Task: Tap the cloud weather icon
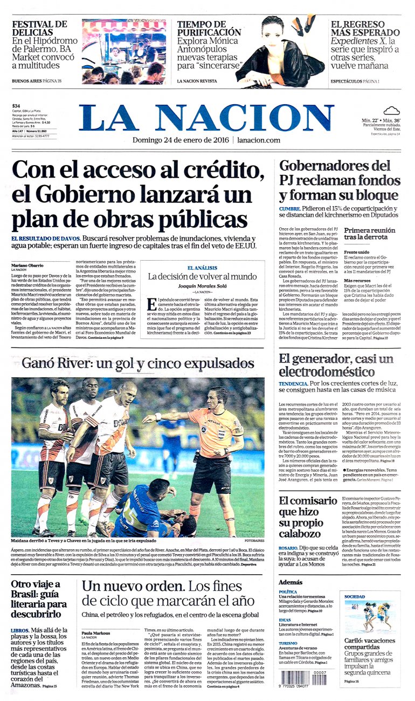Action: (x=391, y=111)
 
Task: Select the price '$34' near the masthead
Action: (x=16, y=106)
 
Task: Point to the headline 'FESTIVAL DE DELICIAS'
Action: (x=39, y=28)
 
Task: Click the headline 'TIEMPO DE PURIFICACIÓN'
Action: (x=209, y=28)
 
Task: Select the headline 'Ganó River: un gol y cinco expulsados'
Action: (x=137, y=363)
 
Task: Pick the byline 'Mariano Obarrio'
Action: (x=27, y=266)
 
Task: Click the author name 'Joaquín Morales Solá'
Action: (x=203, y=285)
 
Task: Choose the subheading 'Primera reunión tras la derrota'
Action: (x=370, y=233)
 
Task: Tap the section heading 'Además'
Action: (x=290, y=582)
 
